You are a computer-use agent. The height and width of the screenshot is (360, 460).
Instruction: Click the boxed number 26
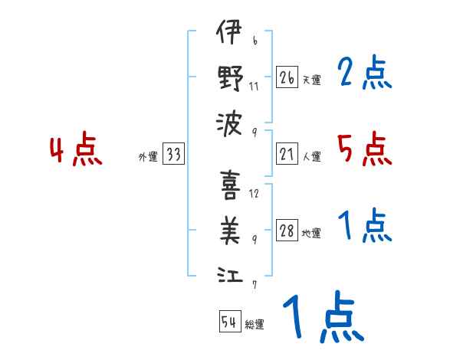[287, 77]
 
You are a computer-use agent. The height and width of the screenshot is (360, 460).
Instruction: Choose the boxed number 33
[173, 155]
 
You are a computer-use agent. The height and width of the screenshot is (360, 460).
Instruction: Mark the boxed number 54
[229, 322]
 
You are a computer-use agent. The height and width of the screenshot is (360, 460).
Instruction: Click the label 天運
[311, 80]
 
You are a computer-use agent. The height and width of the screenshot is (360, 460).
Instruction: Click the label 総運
[255, 324]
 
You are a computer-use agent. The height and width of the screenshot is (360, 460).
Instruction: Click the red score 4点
[75, 150]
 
